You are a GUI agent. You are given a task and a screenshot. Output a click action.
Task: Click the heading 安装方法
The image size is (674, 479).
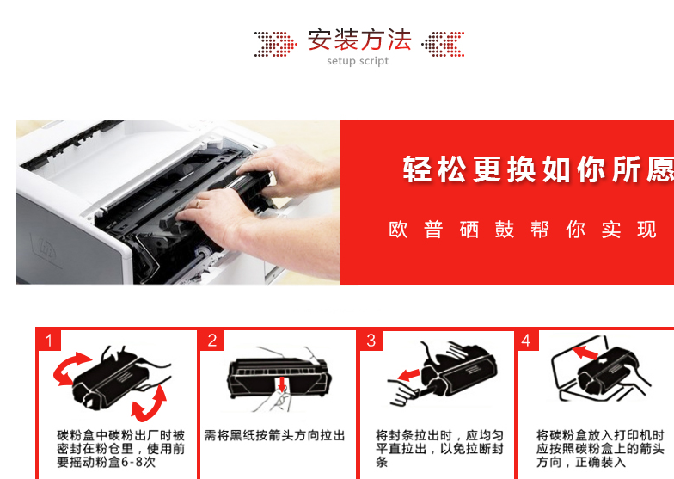(359, 40)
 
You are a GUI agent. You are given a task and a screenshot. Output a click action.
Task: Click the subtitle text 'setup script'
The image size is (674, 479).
(358, 61)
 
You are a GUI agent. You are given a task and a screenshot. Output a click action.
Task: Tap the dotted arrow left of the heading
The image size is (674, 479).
(275, 44)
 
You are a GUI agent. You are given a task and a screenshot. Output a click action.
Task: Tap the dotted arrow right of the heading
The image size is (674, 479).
(443, 44)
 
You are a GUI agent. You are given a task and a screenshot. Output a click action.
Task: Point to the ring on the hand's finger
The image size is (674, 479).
(198, 203)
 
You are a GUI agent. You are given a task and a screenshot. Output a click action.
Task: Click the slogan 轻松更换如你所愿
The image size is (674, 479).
(538, 169)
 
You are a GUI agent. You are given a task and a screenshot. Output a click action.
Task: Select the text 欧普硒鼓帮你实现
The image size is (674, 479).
(523, 229)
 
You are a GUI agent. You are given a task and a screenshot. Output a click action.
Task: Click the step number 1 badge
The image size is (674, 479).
(48, 341)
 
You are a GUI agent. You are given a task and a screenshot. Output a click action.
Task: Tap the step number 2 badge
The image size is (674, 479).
(211, 341)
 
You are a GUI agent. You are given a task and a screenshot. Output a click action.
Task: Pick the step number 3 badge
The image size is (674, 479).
(371, 341)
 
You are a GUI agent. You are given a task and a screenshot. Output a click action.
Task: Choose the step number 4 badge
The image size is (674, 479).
(526, 341)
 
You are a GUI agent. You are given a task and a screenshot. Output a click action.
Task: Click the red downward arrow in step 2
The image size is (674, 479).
(282, 384)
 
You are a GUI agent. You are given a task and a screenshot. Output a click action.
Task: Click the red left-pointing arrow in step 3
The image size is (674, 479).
(408, 375)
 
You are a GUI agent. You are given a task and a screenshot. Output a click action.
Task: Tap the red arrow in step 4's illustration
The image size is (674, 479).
(585, 353)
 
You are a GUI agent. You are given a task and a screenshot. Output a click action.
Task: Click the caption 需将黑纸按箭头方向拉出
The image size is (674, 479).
(274, 435)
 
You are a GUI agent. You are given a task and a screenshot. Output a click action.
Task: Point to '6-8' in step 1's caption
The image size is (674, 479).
(132, 463)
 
